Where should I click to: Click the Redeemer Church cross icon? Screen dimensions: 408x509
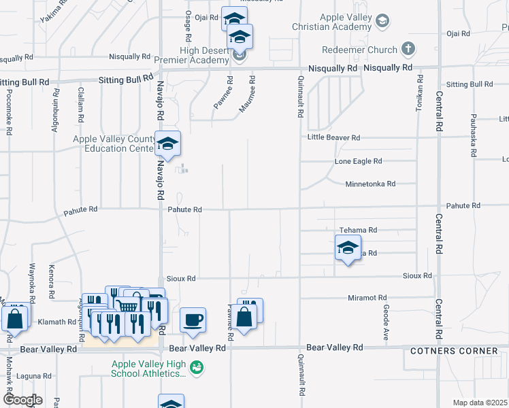pyautogui.click(x=408, y=49)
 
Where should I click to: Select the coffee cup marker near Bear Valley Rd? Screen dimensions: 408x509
pyautogui.click(x=193, y=319)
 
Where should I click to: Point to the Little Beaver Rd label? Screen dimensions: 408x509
pyautogui.click(x=333, y=137)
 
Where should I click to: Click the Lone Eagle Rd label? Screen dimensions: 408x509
pyautogui.click(x=358, y=161)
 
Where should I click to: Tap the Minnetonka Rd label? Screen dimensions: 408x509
pyautogui.click(x=370, y=184)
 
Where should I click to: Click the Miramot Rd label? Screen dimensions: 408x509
pyautogui.click(x=367, y=298)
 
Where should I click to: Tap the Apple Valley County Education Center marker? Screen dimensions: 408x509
pyautogui.click(x=167, y=143)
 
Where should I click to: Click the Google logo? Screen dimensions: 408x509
pyautogui.click(x=22, y=399)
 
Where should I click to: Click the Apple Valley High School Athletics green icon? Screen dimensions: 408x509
pyautogui.click(x=197, y=368)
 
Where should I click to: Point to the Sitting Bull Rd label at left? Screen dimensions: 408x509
pyautogui.click(x=25, y=82)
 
